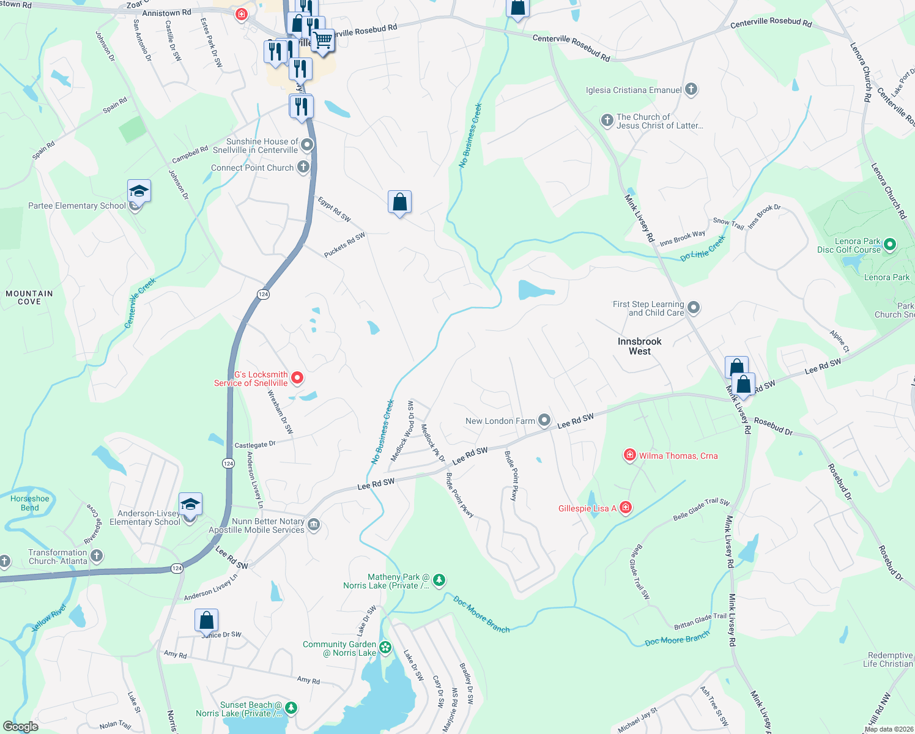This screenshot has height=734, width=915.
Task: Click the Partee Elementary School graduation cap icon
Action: (139, 191)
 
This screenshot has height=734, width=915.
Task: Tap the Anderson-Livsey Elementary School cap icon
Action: (190, 505)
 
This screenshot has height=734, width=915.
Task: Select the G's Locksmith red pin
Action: (297, 378)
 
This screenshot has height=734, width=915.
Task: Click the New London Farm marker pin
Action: (544, 420)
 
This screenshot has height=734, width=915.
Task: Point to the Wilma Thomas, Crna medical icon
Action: (629, 455)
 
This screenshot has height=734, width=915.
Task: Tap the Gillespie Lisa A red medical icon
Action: (625, 508)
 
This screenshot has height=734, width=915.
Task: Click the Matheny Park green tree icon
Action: (439, 580)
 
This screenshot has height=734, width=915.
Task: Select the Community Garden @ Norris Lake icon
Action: (385, 647)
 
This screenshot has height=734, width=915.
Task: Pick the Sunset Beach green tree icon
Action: (291, 708)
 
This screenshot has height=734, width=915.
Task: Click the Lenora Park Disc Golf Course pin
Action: (890, 245)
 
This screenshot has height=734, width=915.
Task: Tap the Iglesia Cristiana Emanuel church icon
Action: (691, 90)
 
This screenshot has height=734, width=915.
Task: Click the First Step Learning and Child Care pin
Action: (693, 308)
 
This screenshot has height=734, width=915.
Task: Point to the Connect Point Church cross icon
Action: (303, 167)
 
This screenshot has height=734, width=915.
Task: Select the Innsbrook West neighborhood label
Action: (639, 346)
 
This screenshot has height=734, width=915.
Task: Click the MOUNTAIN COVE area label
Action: (29, 297)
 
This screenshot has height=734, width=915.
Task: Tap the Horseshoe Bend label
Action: (29, 503)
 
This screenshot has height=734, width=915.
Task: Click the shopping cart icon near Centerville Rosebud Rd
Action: (323, 40)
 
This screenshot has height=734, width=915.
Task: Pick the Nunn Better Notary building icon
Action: (314, 525)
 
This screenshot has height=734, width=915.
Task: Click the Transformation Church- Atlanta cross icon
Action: (97, 556)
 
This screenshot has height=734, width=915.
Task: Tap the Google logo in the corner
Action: (21, 727)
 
